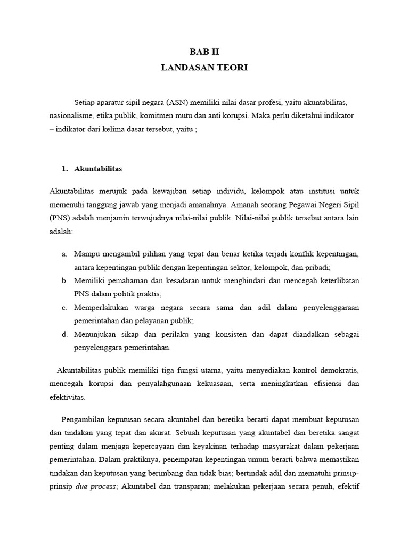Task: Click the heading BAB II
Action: pyautogui.click(x=204, y=52)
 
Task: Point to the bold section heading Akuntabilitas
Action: pyautogui.click(x=99, y=169)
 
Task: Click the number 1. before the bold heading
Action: pyautogui.click(x=65, y=169)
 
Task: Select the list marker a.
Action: pyautogui.click(x=64, y=253)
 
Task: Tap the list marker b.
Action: pyautogui.click(x=64, y=280)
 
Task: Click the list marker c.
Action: pyautogui.click(x=64, y=308)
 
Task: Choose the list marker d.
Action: pyautogui.click(x=64, y=335)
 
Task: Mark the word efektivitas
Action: pyautogui.click(x=67, y=397)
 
